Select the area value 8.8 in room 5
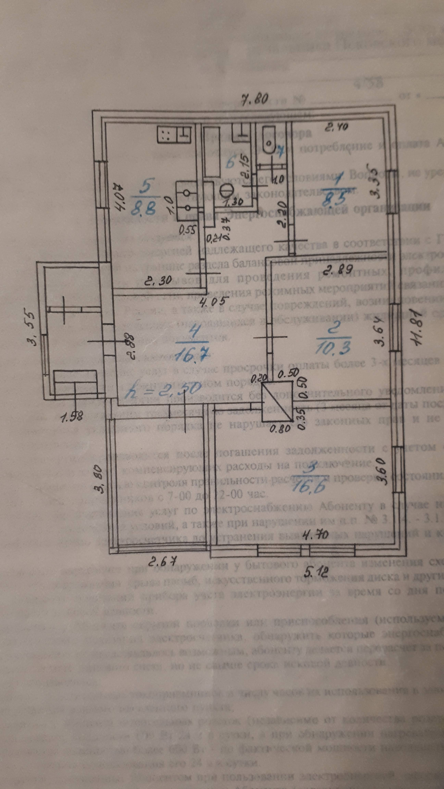pos(143,207)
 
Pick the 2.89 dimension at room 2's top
pos(333,270)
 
